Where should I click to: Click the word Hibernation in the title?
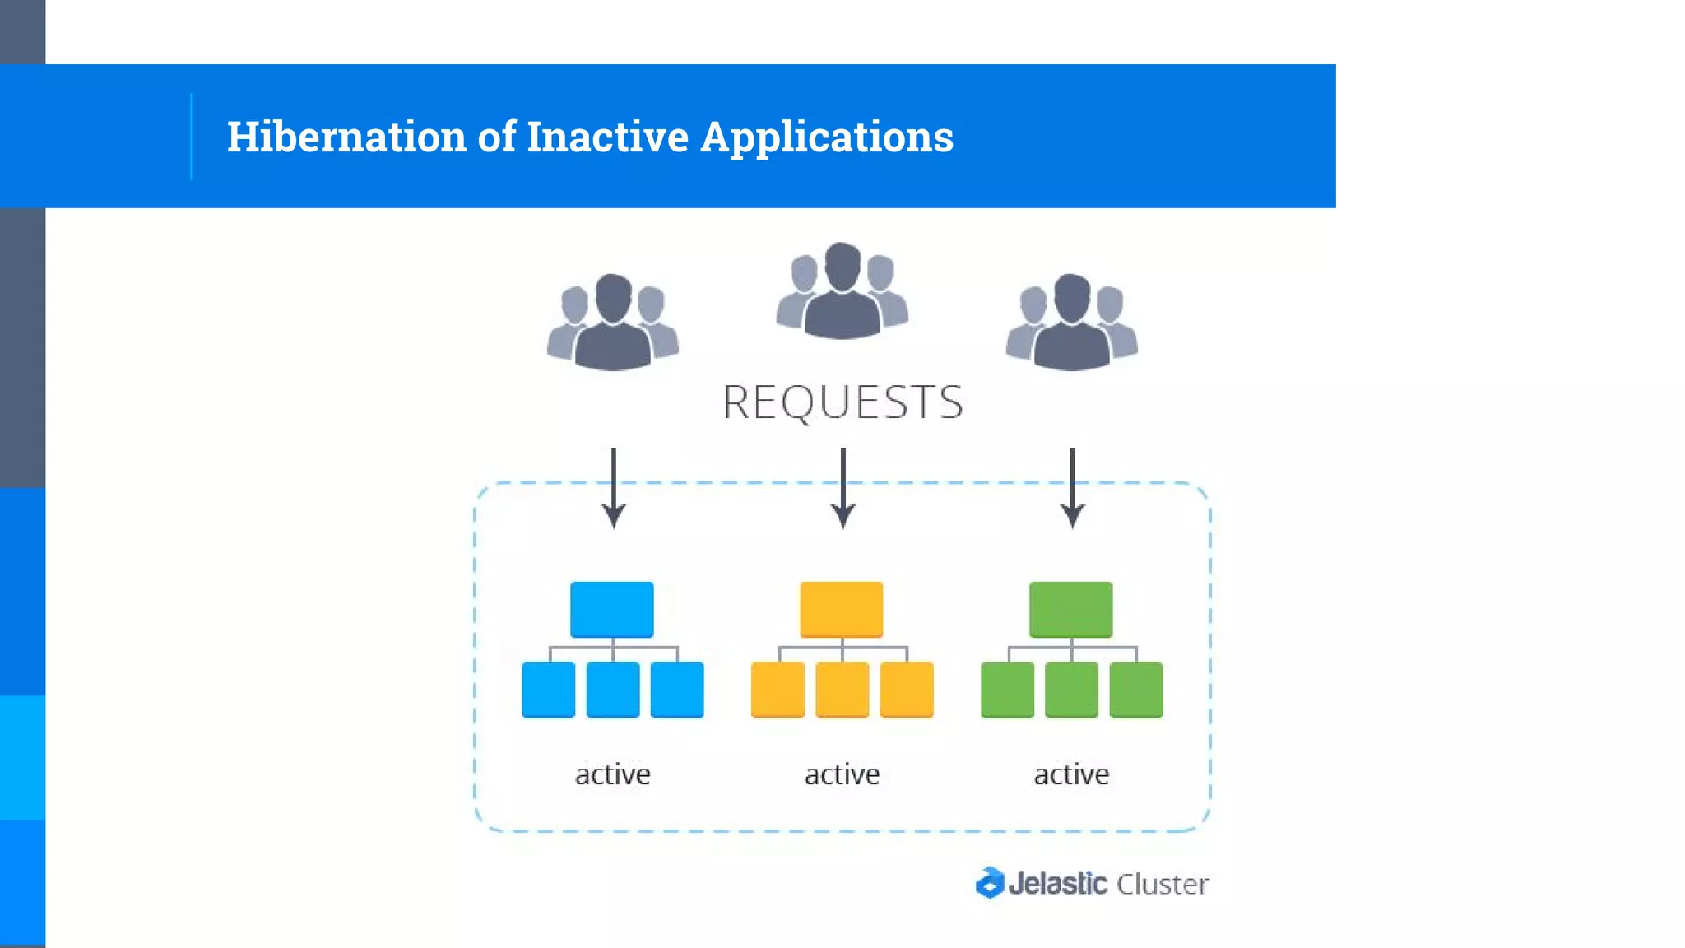[x=346, y=137]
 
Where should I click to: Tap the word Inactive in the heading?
[x=607, y=137]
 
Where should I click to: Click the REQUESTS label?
[x=842, y=402]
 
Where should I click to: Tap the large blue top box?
[x=612, y=610]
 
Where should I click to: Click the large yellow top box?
[x=841, y=610]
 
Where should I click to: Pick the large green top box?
[x=1070, y=610]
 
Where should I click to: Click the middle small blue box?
[x=613, y=690]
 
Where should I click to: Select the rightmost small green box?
[x=1135, y=690]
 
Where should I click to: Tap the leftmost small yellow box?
[x=778, y=690]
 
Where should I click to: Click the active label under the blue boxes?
[x=613, y=774]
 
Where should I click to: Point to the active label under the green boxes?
[x=1071, y=774]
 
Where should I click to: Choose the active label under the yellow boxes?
[x=842, y=774]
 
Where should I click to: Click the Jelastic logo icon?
[x=990, y=883]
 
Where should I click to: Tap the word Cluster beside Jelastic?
[x=1162, y=884]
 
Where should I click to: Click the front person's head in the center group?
[x=842, y=266]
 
